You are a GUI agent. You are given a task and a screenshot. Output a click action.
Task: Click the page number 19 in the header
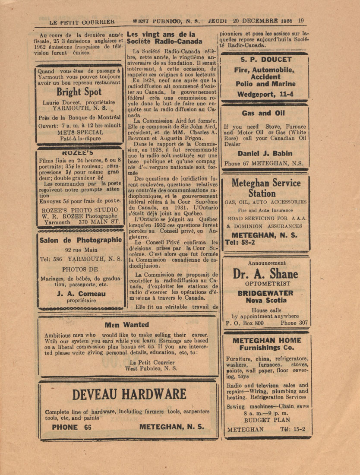tap(301, 20)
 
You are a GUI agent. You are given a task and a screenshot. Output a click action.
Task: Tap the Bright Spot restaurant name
tap(79, 92)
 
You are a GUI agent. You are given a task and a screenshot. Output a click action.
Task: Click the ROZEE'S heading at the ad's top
tap(79, 152)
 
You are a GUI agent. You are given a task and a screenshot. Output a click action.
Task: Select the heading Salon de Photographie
tap(81, 240)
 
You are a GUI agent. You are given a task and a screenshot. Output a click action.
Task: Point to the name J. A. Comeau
tap(81, 294)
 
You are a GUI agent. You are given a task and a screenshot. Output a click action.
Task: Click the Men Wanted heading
tap(127, 325)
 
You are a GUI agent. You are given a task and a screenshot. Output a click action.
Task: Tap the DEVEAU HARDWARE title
tap(129, 394)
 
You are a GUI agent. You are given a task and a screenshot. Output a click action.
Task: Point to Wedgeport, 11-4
tap(265, 93)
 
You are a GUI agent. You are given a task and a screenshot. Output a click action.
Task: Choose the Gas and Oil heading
tap(263, 114)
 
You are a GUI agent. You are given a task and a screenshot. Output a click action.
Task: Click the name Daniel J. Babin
tap(265, 153)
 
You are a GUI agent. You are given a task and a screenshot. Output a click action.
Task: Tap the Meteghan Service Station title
tap(266, 188)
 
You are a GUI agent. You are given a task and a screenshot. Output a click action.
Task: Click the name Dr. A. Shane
tap(265, 274)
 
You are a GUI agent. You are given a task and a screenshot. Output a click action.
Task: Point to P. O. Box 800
tap(245, 322)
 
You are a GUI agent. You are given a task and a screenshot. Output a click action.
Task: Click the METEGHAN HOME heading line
tap(267, 340)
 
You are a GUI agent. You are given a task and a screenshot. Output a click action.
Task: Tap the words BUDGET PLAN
tap(267, 420)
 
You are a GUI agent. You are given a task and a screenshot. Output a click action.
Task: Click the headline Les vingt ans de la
tap(161, 34)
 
